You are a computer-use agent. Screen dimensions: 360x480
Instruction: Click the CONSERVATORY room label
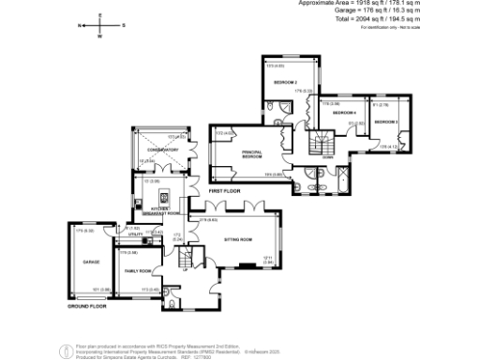155,147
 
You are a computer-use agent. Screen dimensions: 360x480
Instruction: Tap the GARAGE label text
91,262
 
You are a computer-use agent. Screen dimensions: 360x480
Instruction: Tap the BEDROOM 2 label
285,83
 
